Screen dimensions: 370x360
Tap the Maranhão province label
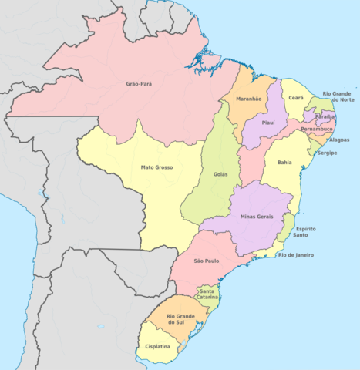coord(248,99)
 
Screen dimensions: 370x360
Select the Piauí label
coord(268,123)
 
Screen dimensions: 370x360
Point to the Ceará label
coord(296,98)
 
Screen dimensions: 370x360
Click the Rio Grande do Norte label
coord(338,96)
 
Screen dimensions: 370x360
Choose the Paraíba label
coord(325,116)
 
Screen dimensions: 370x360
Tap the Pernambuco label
coord(317,129)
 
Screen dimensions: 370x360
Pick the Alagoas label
coord(338,140)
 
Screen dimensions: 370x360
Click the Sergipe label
coord(327,153)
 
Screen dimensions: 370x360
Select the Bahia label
coord(284,163)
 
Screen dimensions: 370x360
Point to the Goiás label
coord(220,176)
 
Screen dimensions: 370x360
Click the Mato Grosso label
coord(156,167)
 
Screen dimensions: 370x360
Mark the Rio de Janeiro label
coord(295,255)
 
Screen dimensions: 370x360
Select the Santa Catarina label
coord(207,294)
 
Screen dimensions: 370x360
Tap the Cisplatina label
coord(159,347)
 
